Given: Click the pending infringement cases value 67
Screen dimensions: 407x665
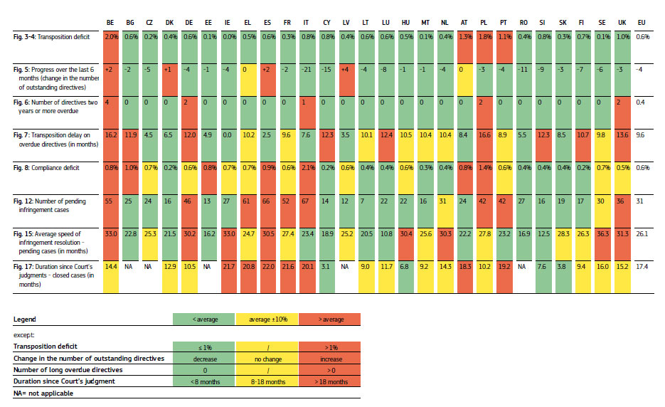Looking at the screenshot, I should pyautogui.click(x=307, y=201).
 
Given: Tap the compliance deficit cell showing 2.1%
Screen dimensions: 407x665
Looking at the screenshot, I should pyautogui.click(x=307, y=168).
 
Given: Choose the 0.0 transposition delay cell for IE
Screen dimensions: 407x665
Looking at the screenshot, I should pyautogui.click(x=228, y=134).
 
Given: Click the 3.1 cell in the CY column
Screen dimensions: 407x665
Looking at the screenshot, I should pyautogui.click(x=326, y=268).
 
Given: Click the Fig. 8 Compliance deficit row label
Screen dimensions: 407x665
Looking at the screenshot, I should pyautogui.click(x=43, y=168).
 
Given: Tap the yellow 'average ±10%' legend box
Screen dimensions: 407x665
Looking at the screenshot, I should pyautogui.click(x=267, y=319).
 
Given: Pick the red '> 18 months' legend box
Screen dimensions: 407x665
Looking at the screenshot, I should pyautogui.click(x=330, y=381).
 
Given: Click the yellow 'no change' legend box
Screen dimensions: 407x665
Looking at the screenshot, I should pyautogui.click(x=267, y=359).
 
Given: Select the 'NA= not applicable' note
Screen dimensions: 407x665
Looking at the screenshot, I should pyautogui.click(x=43, y=393).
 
